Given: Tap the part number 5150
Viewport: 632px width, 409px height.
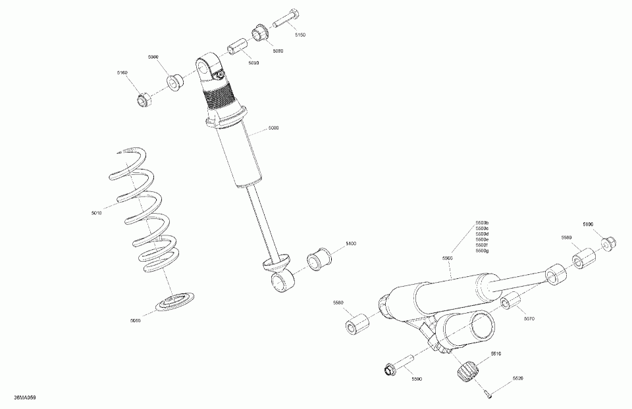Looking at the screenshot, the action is (300, 34).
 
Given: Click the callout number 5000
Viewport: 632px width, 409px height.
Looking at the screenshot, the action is (273, 128).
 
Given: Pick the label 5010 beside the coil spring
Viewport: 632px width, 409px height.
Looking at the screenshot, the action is (97, 213).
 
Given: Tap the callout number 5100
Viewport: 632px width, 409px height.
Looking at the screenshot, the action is (350, 244).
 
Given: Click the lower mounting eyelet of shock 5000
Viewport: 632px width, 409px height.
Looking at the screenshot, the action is (282, 281).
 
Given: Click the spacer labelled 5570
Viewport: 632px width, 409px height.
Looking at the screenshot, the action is (510, 304).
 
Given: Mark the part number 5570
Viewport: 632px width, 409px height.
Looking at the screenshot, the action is (529, 318).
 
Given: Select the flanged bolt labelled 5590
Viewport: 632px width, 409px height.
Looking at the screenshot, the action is (398, 365).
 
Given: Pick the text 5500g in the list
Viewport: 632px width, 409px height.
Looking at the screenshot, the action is (481, 251).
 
